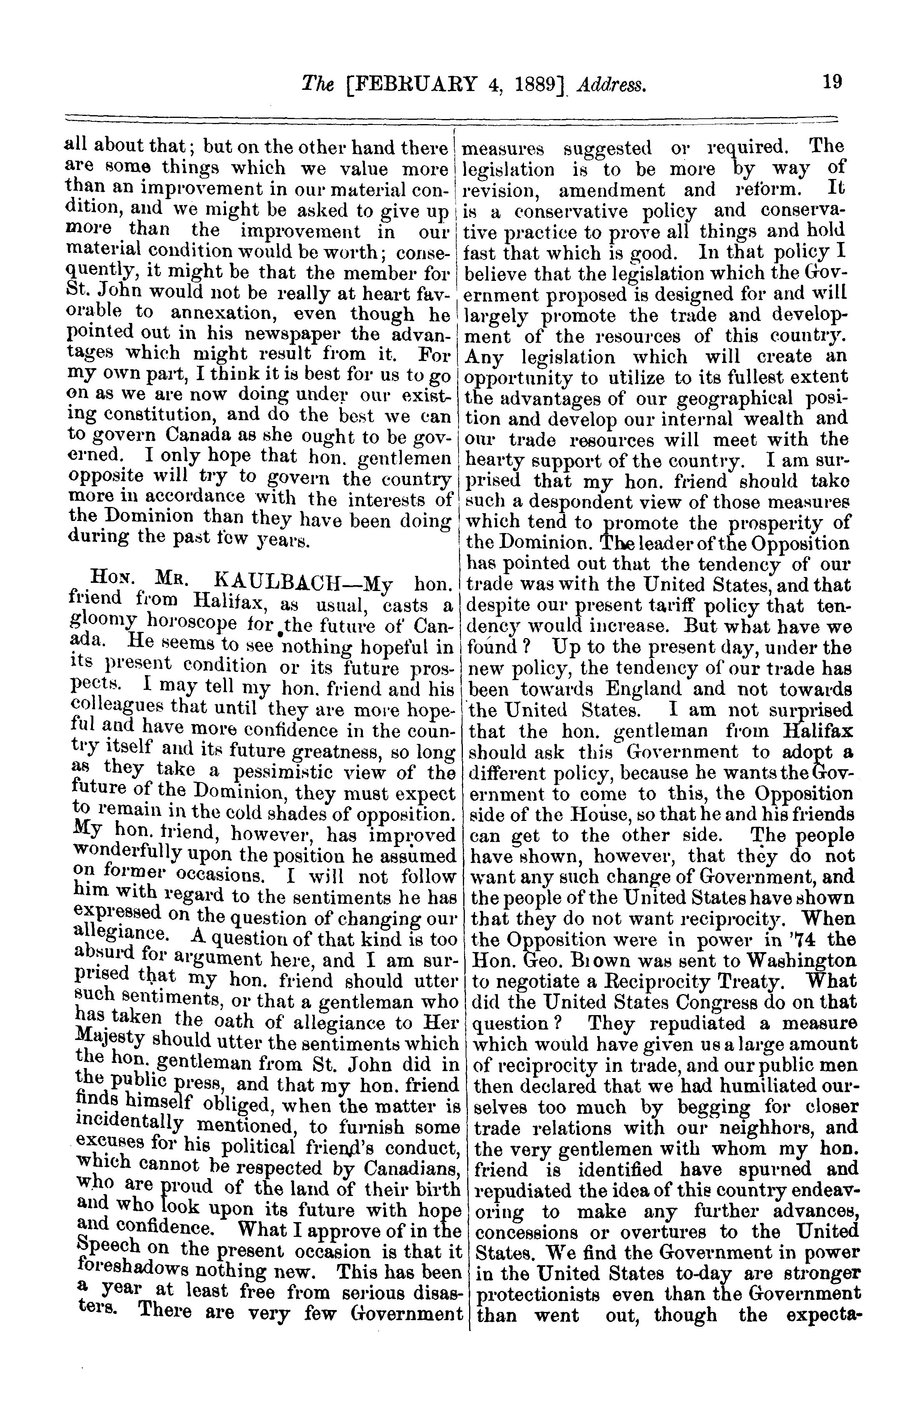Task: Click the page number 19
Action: click(x=833, y=82)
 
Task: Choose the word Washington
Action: click(x=801, y=961)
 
